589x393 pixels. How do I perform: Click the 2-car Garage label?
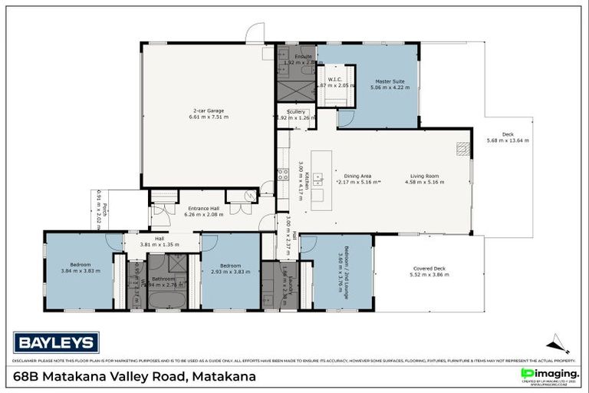point(208,111)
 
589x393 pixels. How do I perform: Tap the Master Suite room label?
point(389,81)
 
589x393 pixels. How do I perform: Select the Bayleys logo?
point(56,342)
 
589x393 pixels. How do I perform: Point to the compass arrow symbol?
point(558,343)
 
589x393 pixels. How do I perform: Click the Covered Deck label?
point(428,268)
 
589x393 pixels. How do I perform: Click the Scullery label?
point(295,112)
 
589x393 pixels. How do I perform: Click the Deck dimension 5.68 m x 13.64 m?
point(508,140)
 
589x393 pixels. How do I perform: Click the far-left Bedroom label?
point(81,264)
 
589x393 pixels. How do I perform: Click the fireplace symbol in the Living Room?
point(462,148)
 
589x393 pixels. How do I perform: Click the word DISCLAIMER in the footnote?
point(27,361)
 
